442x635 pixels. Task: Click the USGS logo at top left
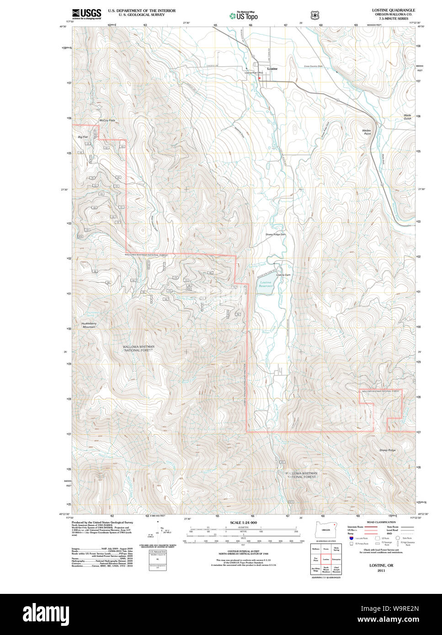pos(86,14)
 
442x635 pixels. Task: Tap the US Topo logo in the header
pos(244,16)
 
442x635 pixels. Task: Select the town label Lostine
pos(272,69)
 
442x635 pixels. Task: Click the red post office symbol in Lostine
pos(259,78)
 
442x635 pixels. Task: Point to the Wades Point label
pos(367,132)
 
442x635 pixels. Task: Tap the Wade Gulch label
pos(407,116)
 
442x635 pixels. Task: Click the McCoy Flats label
pos(107,120)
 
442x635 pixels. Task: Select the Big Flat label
pos(83,137)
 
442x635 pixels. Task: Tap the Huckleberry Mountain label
pos(89,325)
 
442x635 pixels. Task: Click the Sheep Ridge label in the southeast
pos(388,450)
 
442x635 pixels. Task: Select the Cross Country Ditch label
pos(314,66)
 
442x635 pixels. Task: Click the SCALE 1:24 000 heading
pos(243,523)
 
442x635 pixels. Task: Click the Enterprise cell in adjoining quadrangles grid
pos(336,559)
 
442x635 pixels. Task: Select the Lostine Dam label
pos(283,275)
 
